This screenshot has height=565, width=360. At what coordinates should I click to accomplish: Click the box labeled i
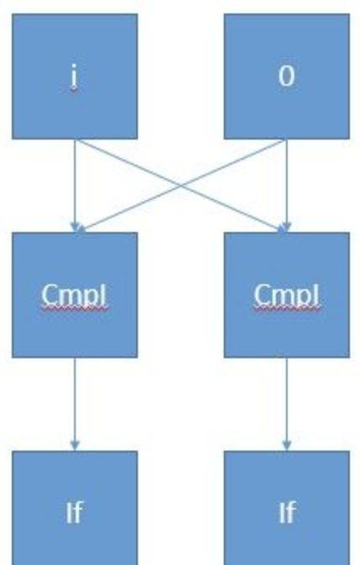[75, 77]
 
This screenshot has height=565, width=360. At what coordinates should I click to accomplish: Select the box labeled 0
[287, 77]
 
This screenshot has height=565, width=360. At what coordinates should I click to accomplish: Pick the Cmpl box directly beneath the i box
[75, 295]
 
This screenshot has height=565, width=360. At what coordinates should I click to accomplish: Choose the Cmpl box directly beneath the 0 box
[287, 295]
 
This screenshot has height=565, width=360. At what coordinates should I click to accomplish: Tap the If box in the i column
[75, 508]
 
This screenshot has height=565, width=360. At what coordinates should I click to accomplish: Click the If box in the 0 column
[287, 508]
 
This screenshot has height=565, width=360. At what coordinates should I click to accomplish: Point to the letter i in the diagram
[74, 76]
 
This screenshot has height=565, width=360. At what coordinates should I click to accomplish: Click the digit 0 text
[287, 76]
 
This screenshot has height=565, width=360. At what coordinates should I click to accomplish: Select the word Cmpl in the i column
[74, 295]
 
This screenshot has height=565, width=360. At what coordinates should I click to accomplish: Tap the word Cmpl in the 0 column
[287, 295]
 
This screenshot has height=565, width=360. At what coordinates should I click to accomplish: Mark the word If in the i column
[74, 512]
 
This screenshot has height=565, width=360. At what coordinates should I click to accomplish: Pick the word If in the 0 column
[287, 512]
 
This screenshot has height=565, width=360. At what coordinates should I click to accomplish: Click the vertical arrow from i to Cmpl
[75, 186]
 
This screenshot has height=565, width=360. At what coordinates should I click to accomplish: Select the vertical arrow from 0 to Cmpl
[287, 186]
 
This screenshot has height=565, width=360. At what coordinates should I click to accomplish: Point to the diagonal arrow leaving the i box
[181, 185]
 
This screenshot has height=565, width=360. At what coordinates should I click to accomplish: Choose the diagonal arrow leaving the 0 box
[181, 185]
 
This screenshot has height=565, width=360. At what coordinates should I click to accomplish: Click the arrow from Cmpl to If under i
[75, 404]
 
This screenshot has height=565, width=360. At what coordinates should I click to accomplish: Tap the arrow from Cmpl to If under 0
[287, 404]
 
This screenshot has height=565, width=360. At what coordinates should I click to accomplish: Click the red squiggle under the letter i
[74, 90]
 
